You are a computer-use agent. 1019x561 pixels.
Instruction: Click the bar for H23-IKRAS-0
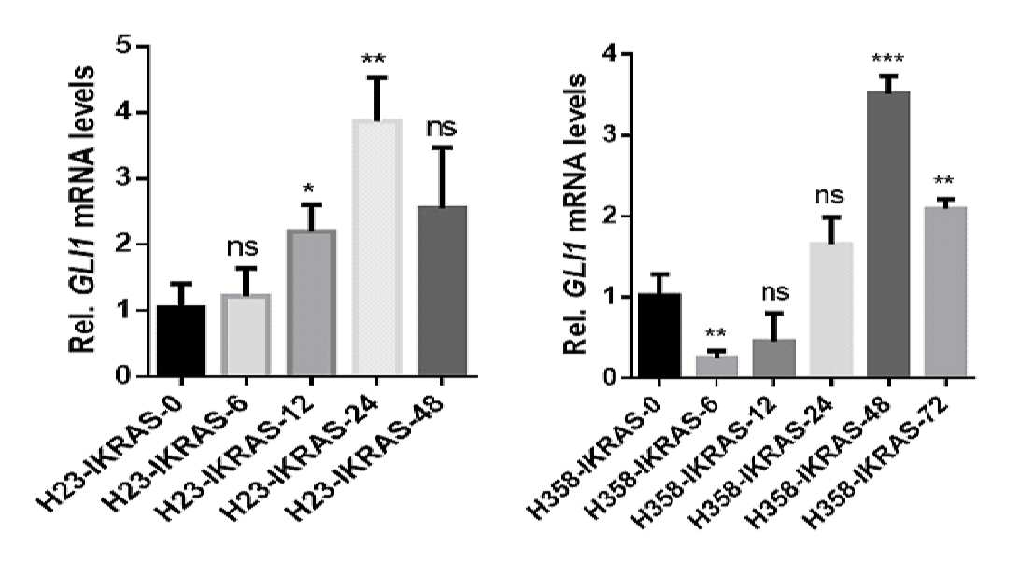pyautogui.click(x=181, y=340)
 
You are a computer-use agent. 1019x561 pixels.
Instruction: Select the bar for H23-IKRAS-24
pyautogui.click(x=377, y=247)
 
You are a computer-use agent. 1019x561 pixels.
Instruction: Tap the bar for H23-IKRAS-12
pyautogui.click(x=312, y=302)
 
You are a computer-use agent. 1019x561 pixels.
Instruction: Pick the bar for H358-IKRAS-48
pyautogui.click(x=887, y=234)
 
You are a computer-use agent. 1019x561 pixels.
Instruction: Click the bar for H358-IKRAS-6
pyautogui.click(x=716, y=366)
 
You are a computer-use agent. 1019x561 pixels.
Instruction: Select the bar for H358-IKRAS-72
pyautogui.click(x=945, y=292)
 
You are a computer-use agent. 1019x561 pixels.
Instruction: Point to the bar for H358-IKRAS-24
pyautogui.click(x=830, y=310)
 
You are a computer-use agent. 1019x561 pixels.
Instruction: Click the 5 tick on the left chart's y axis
pyautogui.click(x=144, y=46)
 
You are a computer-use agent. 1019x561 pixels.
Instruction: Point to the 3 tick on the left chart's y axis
pyautogui.click(x=144, y=178)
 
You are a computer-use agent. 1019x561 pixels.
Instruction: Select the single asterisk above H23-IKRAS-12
pyautogui.click(x=309, y=189)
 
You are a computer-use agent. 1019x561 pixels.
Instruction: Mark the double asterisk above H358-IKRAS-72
pyautogui.click(x=944, y=181)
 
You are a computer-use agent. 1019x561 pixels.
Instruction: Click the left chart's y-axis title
pyautogui.click(x=82, y=209)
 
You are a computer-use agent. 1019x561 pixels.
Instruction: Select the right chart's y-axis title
pyautogui.click(x=574, y=213)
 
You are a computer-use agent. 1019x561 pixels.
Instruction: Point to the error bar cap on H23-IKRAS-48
pyautogui.click(x=442, y=148)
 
